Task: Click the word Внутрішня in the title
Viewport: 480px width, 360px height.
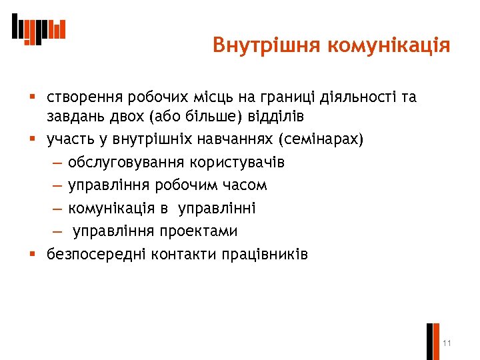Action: (266, 45)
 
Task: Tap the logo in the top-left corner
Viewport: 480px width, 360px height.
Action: (39, 29)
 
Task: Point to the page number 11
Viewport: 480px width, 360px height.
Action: (447, 343)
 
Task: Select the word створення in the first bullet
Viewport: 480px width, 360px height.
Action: (80, 97)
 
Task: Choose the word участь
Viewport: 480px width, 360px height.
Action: (67, 139)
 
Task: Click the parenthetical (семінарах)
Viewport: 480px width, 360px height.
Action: (322, 139)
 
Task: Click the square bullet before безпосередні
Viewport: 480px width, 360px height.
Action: (33, 253)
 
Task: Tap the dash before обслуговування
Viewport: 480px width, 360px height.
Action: (55, 163)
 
